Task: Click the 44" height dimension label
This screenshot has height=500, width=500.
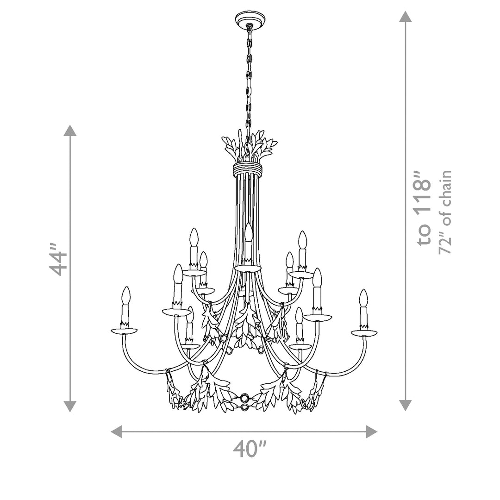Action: (59, 263)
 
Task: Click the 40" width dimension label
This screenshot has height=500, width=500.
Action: (250, 449)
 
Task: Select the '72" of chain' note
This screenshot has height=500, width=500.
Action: (445, 212)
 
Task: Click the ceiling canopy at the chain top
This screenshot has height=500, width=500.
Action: (250, 19)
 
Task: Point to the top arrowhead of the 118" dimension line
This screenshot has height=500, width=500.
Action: (406, 17)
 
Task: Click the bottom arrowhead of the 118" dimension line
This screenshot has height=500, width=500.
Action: (406, 406)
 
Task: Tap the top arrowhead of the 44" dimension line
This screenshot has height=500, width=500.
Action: (70, 131)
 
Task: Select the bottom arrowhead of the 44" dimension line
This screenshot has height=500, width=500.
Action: (70, 406)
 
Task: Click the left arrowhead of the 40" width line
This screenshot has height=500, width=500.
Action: (117, 431)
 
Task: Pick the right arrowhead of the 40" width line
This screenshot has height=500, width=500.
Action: (371, 431)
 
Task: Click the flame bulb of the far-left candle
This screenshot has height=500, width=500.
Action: (125, 295)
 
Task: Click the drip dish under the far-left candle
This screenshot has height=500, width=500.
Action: (124, 331)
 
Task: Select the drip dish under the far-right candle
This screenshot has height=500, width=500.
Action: (364, 332)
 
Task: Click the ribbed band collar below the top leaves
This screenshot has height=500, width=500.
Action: (248, 169)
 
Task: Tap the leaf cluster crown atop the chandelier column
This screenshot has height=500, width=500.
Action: (249, 146)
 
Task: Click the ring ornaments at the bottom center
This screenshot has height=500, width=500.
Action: (244, 402)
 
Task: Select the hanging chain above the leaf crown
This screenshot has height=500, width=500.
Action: (249, 79)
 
